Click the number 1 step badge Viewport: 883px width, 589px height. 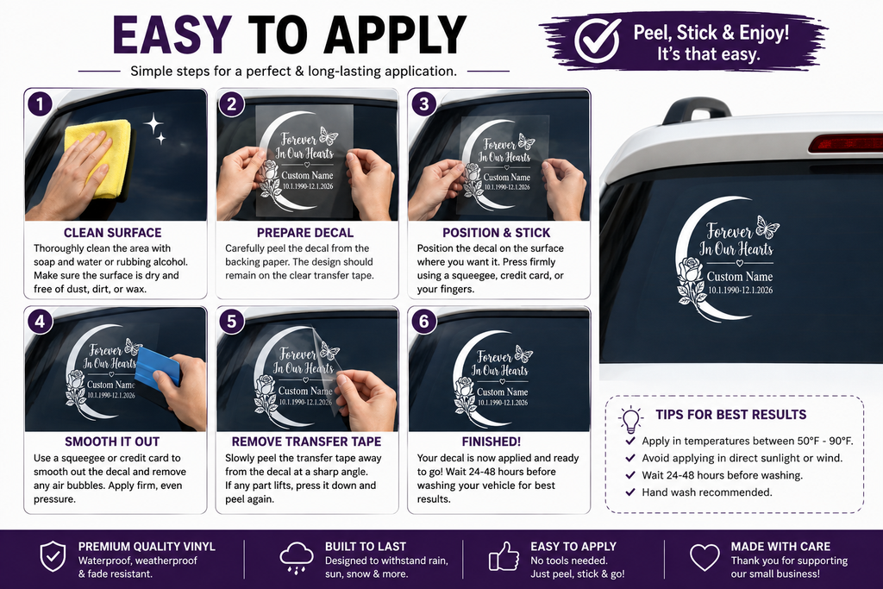click(40, 103)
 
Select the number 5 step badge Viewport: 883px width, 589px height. click(231, 322)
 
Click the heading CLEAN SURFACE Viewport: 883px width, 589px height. click(113, 233)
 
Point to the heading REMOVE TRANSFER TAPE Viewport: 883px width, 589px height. click(306, 442)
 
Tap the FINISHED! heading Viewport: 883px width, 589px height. click(492, 442)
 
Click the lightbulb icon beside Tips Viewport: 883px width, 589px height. click(630, 419)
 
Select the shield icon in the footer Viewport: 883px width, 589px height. click(53, 556)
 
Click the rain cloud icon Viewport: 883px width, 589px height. click(297, 557)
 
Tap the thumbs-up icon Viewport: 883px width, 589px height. click(504, 556)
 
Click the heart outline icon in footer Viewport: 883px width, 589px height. click(705, 557)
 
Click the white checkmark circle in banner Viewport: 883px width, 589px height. click(598, 40)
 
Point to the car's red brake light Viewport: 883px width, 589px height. click(845, 143)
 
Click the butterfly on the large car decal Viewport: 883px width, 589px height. click(767, 227)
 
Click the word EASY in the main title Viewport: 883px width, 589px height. click(172, 34)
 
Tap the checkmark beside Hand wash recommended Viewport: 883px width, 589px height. click(630, 492)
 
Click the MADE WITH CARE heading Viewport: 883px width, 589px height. click(780, 546)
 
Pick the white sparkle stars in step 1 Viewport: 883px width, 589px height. click(154, 128)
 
